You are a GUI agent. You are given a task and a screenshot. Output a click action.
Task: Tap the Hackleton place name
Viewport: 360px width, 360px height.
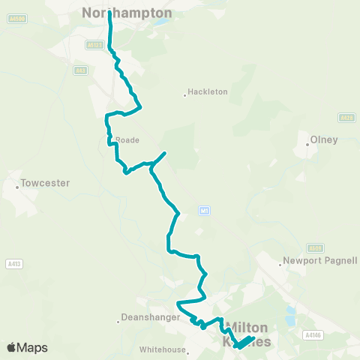pos(208,92)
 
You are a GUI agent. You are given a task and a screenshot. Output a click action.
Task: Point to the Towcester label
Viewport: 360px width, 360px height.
pos(45,183)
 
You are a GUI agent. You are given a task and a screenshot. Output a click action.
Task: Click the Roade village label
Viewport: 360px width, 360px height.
pos(127,139)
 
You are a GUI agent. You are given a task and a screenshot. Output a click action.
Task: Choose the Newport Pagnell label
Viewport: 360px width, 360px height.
pos(319,261)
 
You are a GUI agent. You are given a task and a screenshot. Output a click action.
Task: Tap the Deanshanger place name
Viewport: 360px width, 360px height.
pos(150,317)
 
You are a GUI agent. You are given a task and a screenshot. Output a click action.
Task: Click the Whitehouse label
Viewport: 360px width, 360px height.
pos(163,349)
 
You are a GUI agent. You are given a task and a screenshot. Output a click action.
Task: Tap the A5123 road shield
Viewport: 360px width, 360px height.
pos(94,45)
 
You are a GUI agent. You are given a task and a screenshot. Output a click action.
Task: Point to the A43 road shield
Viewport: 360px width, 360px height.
pos(81,70)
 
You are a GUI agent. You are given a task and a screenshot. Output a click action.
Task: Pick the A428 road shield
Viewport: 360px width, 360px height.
pos(345,118)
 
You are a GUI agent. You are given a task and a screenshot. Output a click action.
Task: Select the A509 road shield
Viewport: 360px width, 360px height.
pos(316,247)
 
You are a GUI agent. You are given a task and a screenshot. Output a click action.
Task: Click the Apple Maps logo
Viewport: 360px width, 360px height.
pos(27,347)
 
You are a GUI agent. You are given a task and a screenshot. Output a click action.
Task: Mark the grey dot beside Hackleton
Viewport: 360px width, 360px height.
pos(185,94)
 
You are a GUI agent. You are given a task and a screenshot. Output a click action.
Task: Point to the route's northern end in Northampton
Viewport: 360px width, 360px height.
pos(109,13)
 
